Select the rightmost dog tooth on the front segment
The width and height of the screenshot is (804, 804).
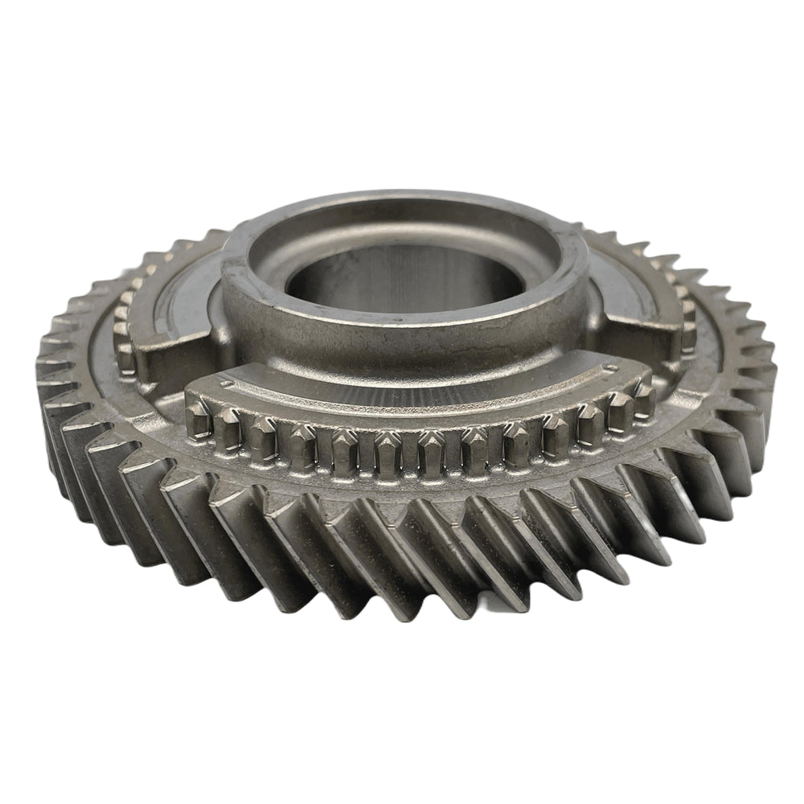point(643,396)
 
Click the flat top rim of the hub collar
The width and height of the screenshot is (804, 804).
point(402,211)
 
